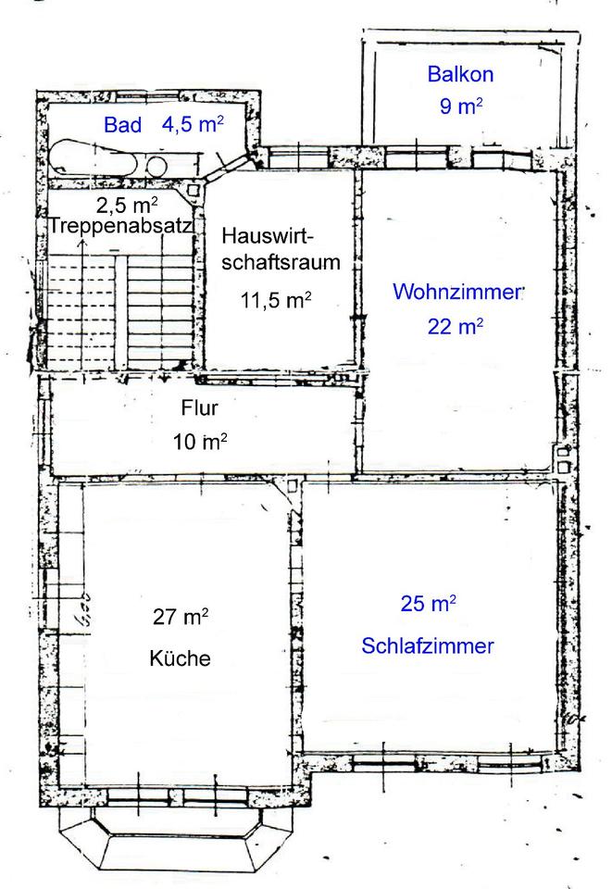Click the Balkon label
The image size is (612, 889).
459,74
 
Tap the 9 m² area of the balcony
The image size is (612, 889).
460,106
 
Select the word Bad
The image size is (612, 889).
122,125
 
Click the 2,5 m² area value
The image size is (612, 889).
126,203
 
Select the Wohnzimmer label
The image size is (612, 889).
458,293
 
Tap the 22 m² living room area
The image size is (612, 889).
455,325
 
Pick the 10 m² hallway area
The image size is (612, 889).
200,441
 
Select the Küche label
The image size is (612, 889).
181,658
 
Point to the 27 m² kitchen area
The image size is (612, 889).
181,616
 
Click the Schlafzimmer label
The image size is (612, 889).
428,645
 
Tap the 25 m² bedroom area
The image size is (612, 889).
428,605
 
